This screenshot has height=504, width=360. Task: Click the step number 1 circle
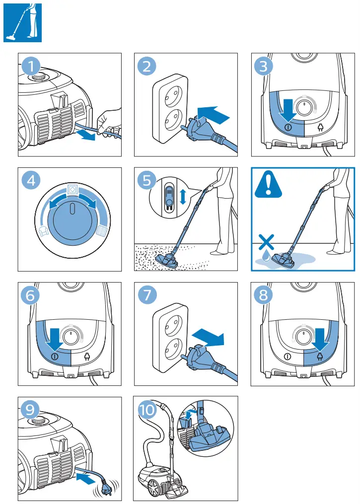pyautogui.click(x=31, y=66)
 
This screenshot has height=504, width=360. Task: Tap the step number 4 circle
pyautogui.click(x=31, y=181)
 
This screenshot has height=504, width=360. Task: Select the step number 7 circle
pyautogui.click(x=147, y=295)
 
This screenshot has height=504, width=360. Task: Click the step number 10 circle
pyautogui.click(x=147, y=410)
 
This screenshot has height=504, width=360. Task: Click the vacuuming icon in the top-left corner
pyautogui.click(x=22, y=22)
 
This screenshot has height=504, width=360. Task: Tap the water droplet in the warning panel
pyautogui.click(x=267, y=256)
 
